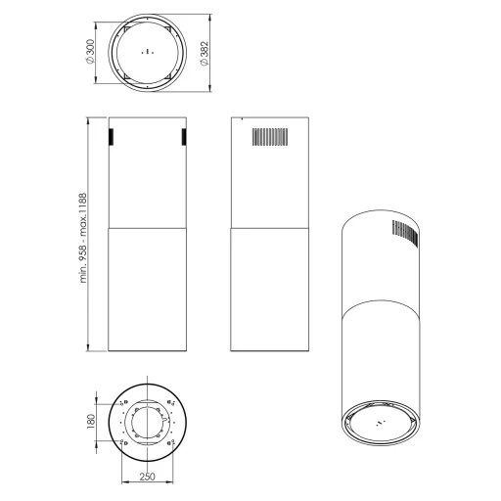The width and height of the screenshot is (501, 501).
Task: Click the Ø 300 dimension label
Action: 91,52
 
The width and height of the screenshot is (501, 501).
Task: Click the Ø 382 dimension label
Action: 205,54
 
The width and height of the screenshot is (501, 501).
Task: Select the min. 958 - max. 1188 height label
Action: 83,238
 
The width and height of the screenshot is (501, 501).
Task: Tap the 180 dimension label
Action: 91,421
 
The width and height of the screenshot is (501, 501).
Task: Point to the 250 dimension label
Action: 148,477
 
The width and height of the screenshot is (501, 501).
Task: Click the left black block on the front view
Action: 111,137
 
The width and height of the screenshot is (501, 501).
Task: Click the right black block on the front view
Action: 184,137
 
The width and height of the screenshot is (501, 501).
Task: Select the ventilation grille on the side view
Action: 270,137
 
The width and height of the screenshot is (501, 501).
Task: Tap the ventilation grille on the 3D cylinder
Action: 405,233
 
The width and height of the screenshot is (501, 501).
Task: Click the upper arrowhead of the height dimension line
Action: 88,121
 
